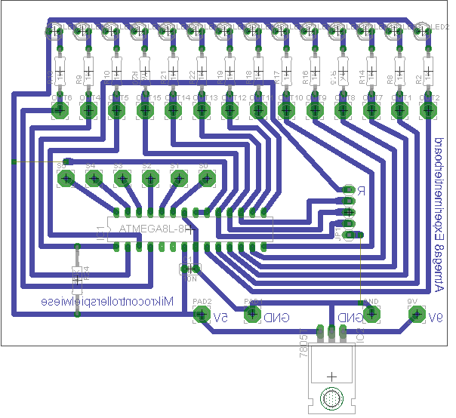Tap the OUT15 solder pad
(x=144, y=111)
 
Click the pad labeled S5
(x=66, y=179)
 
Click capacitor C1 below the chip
(x=188, y=269)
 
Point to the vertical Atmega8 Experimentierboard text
(x=439, y=215)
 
